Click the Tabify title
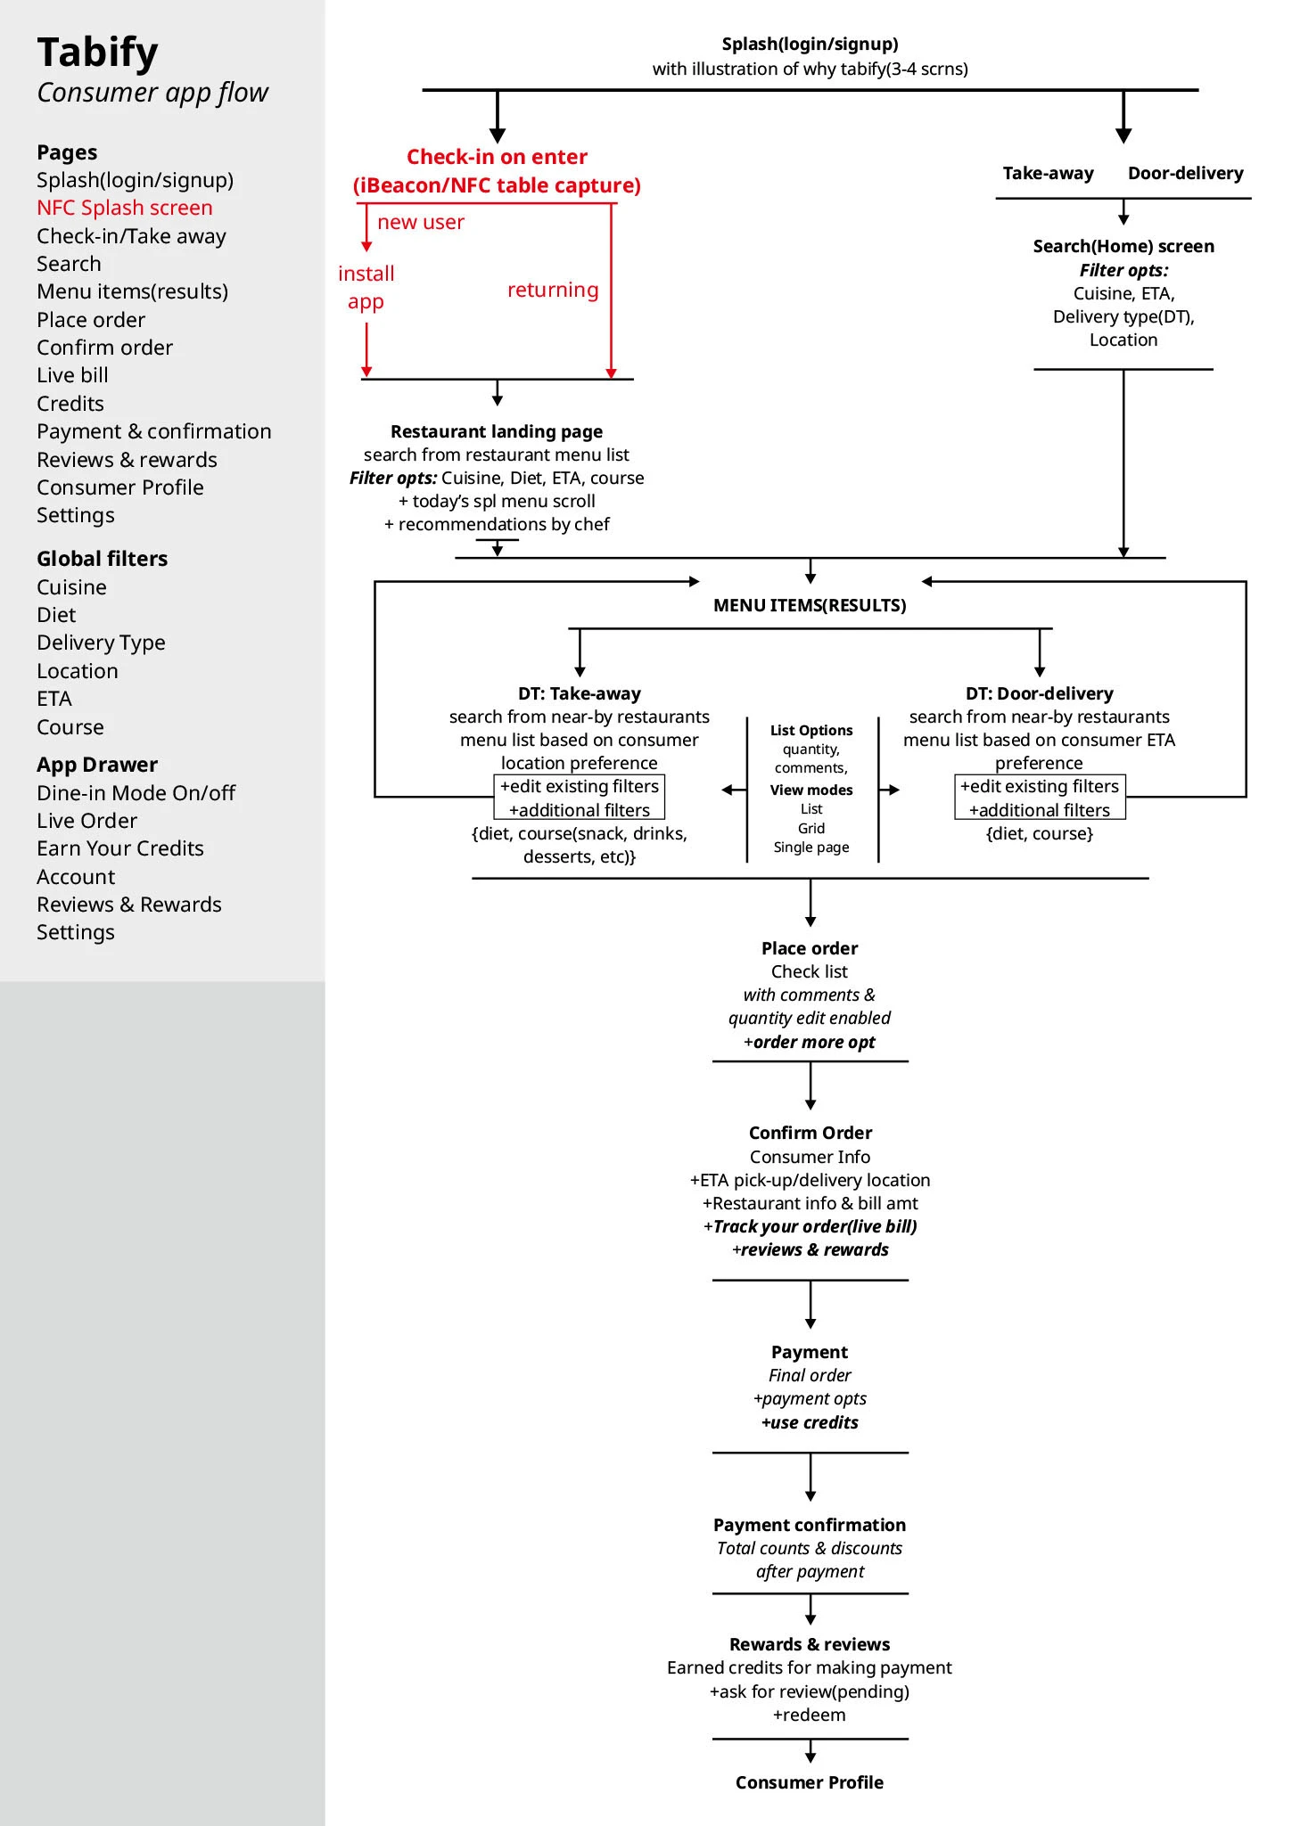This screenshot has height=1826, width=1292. point(97,53)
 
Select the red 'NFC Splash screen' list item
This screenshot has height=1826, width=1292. point(125,208)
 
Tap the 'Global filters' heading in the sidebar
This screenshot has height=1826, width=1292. point(102,559)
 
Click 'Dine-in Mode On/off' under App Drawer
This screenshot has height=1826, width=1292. point(136,793)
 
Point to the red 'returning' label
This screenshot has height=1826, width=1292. point(553,290)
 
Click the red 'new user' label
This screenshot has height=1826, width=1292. point(421,222)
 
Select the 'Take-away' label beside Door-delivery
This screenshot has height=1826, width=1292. point(1048,173)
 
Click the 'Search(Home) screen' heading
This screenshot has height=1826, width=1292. point(1123,246)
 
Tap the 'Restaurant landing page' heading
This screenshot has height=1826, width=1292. point(497,431)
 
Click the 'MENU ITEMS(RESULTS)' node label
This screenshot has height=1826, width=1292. point(810,605)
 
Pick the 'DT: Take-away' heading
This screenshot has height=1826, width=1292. point(580,693)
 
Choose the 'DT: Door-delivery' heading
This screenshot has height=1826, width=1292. point(1040,693)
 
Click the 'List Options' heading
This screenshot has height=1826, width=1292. point(811,730)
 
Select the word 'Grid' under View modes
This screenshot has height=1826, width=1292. point(811,828)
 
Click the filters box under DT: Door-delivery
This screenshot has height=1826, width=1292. point(1040,798)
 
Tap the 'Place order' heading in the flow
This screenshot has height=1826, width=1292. point(810,948)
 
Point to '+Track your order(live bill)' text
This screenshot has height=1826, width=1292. point(810,1226)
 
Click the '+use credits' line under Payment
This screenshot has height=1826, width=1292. point(810,1422)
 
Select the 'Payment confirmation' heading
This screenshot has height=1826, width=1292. point(810,1525)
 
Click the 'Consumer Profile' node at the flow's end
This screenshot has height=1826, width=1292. point(810,1782)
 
